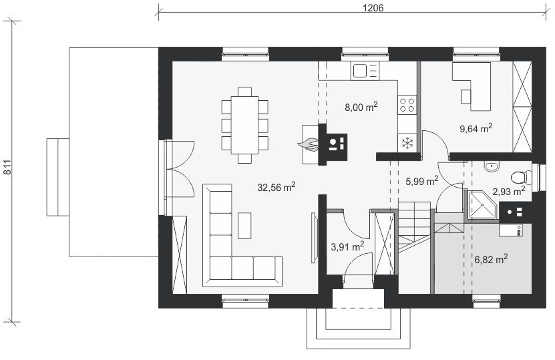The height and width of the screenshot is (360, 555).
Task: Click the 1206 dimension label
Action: click(x=373, y=8)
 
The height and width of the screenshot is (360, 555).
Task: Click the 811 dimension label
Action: click(x=8, y=167)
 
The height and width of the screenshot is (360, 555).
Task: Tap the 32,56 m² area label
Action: click(x=276, y=187)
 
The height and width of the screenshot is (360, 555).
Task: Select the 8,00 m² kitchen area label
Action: click(x=361, y=106)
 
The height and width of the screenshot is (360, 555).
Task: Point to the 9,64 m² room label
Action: click(x=476, y=128)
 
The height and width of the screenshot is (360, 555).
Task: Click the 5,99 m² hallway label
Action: click(x=421, y=181)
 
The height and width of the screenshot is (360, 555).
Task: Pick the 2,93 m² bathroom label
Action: click(x=509, y=191)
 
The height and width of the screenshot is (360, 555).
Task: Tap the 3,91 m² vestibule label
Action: click(x=347, y=246)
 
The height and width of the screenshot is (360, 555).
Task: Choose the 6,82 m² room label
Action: click(x=491, y=259)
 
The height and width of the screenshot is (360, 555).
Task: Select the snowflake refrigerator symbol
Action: click(x=407, y=144)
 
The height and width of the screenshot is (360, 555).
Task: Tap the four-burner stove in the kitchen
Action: click(x=407, y=105)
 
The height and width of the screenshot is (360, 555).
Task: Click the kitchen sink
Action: click(x=365, y=70)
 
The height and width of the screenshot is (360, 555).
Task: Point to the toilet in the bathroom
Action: click(x=521, y=177)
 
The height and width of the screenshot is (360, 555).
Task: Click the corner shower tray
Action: click(x=482, y=205)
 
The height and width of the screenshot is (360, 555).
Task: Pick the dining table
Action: click(x=244, y=125)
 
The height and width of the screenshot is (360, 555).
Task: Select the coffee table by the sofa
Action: click(x=244, y=226)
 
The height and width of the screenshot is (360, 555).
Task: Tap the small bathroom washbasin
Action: click(x=492, y=166)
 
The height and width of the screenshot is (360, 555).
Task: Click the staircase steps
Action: click(x=415, y=226)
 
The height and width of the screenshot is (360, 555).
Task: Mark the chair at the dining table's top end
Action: click(x=244, y=92)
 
